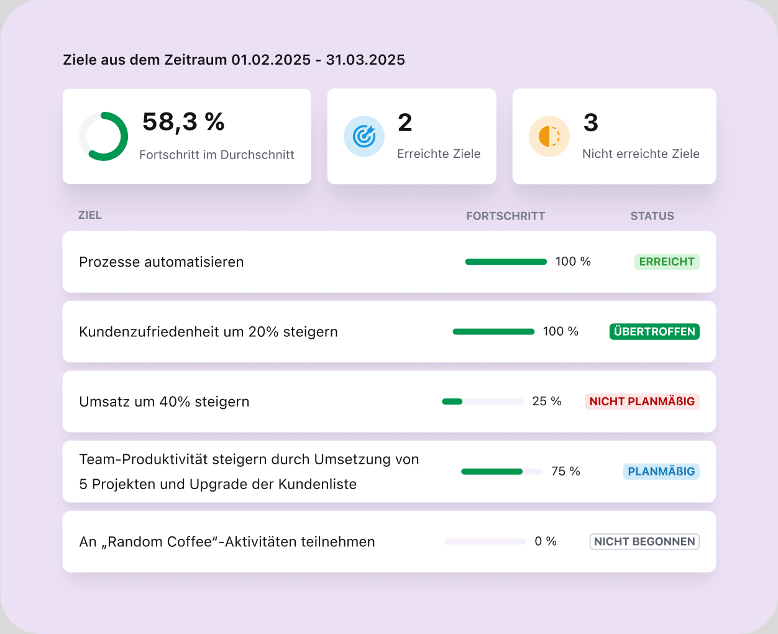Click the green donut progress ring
click(x=104, y=136)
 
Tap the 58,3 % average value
click(x=183, y=122)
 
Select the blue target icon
click(x=364, y=136)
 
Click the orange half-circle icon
click(x=549, y=136)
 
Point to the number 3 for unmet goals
click(x=590, y=122)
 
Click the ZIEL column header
click(x=89, y=215)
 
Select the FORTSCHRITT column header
click(x=505, y=216)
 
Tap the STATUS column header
click(x=652, y=216)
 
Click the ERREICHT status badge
click(x=666, y=262)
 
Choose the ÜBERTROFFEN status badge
click(x=654, y=331)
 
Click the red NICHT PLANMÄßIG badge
click(x=642, y=402)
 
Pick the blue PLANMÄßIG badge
click(x=661, y=471)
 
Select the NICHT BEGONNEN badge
click(x=644, y=541)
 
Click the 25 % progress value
click(x=546, y=402)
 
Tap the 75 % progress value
click(x=565, y=471)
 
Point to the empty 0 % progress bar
click(x=485, y=541)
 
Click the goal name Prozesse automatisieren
click(x=161, y=262)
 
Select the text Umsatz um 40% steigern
click(x=164, y=402)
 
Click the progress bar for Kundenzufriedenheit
click(x=493, y=331)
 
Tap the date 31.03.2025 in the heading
click(x=365, y=60)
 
